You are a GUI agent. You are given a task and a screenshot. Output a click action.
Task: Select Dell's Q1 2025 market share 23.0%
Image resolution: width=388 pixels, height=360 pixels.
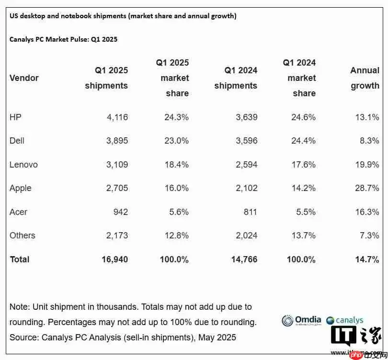[x=174, y=141]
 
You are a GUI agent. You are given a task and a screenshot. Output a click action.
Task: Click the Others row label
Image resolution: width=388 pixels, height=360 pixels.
[x=23, y=235]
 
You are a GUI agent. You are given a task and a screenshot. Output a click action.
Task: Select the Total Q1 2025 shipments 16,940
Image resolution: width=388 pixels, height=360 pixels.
[x=114, y=259]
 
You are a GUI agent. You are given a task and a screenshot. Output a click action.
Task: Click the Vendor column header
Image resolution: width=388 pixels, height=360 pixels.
[x=24, y=78]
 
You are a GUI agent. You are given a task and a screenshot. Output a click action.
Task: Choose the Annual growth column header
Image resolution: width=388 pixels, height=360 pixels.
[x=365, y=78]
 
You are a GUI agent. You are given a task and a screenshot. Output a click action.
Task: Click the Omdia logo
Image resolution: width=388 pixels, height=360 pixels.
[x=301, y=320]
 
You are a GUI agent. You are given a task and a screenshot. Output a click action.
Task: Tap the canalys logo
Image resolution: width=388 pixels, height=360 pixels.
[x=345, y=320]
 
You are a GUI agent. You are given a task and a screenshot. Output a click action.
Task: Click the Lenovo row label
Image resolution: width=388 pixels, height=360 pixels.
[x=23, y=165]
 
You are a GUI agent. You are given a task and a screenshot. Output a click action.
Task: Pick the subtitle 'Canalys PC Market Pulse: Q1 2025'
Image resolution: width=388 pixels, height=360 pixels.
[x=64, y=39]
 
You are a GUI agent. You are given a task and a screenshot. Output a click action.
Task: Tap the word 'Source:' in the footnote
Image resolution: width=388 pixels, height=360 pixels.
[x=24, y=337]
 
